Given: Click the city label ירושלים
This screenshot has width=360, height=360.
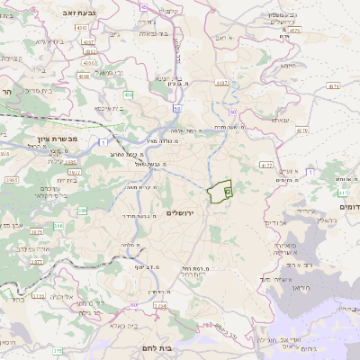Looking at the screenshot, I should point(181,212).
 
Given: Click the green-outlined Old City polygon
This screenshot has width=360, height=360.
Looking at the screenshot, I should point(219,192).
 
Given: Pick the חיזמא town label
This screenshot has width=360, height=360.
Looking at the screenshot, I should point(288,65).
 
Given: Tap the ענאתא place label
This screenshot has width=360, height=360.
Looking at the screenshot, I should point(281,119).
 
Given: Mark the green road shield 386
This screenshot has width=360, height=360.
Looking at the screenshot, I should point(82,211).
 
